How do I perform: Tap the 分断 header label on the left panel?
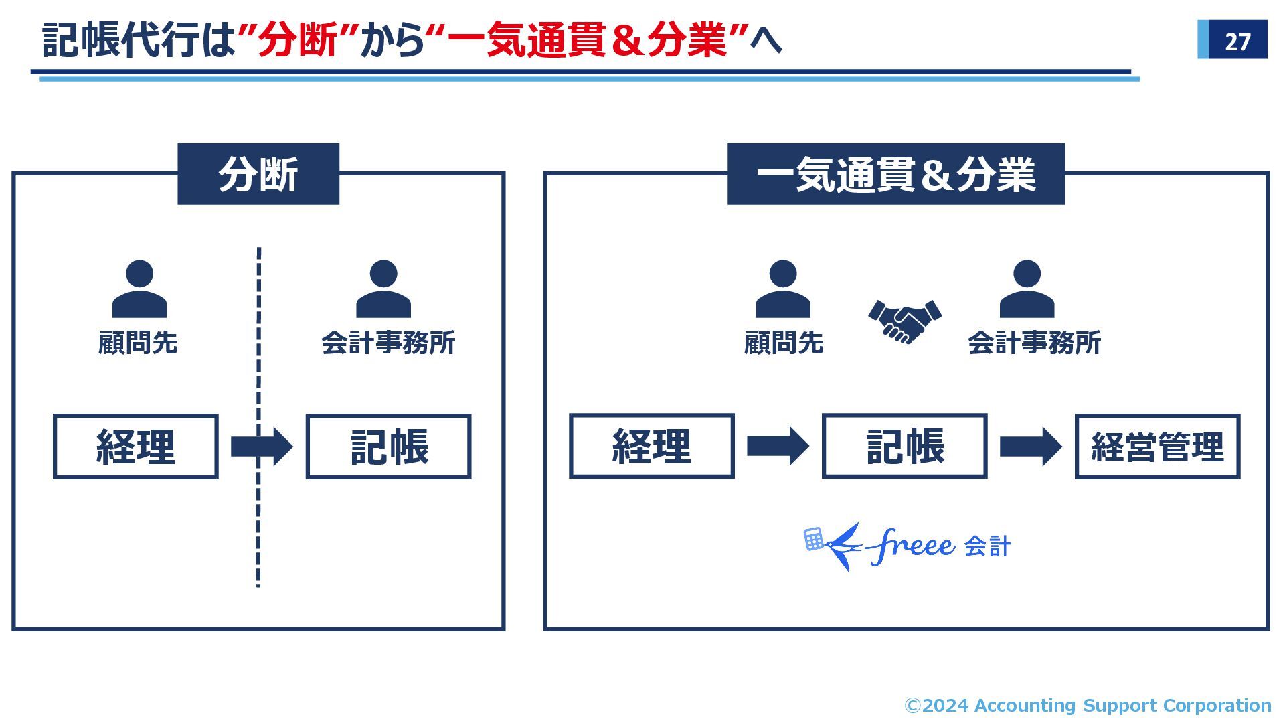point(258,174)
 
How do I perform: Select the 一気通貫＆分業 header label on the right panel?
point(895,174)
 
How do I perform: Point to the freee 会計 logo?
point(907,547)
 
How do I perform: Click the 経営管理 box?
point(1157,447)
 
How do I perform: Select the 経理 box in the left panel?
point(136,447)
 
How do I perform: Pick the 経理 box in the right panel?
point(651,446)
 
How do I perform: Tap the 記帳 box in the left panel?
point(388,447)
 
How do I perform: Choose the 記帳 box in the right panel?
point(904,446)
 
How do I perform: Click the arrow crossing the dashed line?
point(262,447)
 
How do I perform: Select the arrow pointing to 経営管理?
point(1031,447)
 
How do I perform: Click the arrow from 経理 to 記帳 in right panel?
point(778,446)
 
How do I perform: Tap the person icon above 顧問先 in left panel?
point(139,289)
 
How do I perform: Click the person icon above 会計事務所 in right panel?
point(1027,289)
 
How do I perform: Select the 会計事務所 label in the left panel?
point(388,343)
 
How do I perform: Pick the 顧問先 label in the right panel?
point(783,343)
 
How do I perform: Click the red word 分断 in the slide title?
point(298,40)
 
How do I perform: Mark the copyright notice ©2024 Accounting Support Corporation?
point(1088,705)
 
